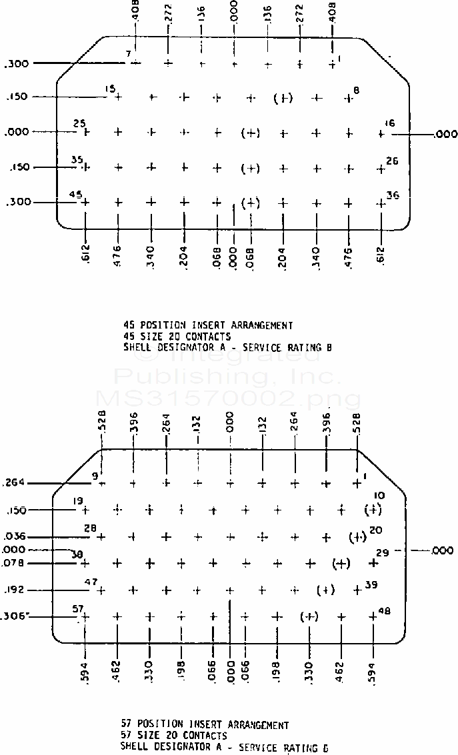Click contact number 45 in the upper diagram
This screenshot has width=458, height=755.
[x=77, y=195]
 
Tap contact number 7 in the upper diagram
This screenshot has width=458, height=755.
[x=129, y=53]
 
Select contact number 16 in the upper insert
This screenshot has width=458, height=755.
[x=390, y=123]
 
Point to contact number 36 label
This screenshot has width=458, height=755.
[x=393, y=195]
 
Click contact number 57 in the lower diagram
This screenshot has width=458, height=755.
[x=78, y=608]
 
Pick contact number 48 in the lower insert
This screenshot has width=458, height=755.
[x=384, y=610]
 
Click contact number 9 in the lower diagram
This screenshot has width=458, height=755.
[x=95, y=476]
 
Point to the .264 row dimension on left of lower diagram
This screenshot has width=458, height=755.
[x=13, y=482]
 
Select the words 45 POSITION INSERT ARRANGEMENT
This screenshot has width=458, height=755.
[x=208, y=325]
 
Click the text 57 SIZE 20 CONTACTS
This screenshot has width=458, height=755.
[x=173, y=736]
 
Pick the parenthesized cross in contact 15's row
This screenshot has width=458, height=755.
[x=283, y=99]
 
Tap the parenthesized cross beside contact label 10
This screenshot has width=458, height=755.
[x=373, y=510]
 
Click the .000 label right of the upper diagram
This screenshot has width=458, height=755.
[x=445, y=135]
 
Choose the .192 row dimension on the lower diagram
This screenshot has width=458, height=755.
[x=15, y=590]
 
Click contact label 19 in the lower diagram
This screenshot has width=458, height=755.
[x=78, y=501]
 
